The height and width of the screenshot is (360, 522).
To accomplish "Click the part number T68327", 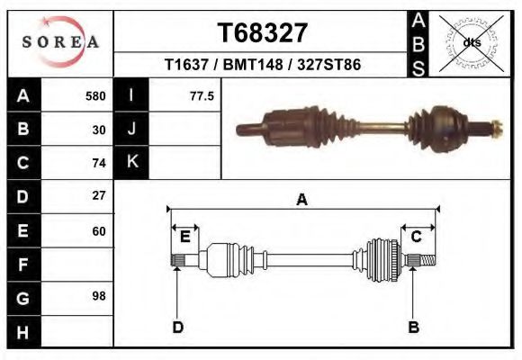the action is coord(262,33).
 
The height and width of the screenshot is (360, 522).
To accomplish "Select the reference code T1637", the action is coord(186,64).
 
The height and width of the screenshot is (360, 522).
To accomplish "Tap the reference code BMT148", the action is coord(253,64).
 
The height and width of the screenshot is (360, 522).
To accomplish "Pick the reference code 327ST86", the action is coord(328,64).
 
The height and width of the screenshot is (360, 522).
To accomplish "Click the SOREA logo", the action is coord(60,41).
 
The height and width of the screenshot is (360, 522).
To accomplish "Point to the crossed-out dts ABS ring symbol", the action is coord(471,43).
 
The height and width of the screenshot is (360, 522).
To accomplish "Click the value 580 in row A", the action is coord(95,96).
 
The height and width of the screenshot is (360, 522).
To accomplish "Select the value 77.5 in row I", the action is coord(202,96).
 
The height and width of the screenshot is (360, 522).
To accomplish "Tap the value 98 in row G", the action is coord(99,296).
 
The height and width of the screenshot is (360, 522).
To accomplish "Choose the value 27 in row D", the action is coord(99,195).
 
